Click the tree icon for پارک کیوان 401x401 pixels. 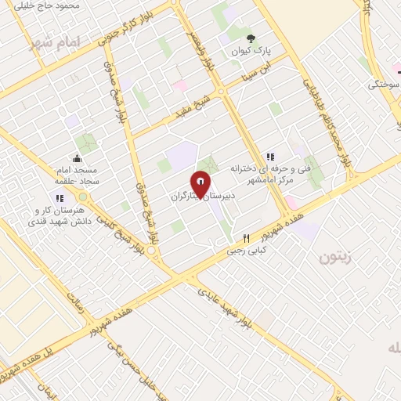click(251, 38)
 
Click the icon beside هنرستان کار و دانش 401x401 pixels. click(60, 198)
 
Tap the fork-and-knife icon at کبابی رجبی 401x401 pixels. click(246, 239)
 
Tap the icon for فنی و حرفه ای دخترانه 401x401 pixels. click(271, 157)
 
